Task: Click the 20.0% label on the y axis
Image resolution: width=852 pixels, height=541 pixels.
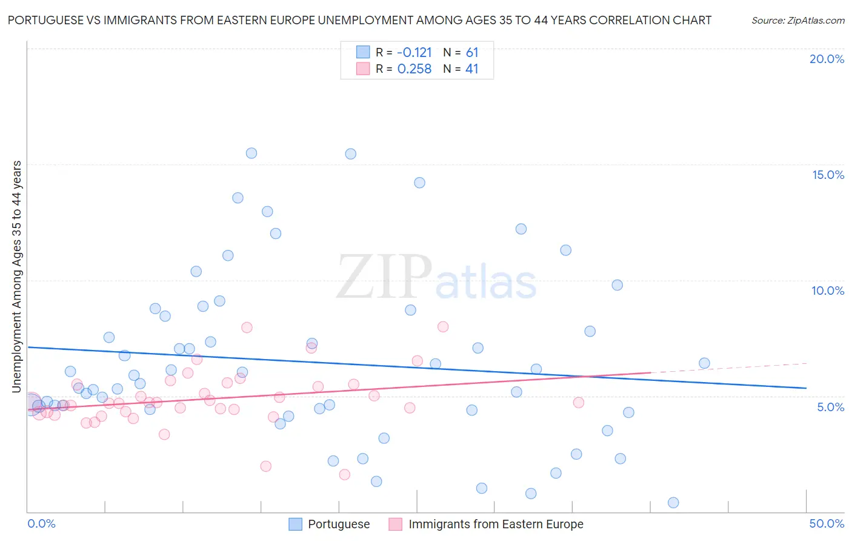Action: click(827, 59)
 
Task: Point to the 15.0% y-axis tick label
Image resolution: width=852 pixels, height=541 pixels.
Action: click(828, 175)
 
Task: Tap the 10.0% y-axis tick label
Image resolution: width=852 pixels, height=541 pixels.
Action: click(828, 291)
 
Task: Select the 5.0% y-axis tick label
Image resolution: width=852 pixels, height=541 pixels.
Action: click(830, 407)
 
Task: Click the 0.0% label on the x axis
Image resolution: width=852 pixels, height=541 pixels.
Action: click(41, 523)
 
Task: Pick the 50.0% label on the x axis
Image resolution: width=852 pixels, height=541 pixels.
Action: click(827, 523)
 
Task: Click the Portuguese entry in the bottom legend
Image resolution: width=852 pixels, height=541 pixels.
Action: click(338, 524)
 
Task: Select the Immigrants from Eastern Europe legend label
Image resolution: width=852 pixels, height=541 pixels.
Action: click(496, 524)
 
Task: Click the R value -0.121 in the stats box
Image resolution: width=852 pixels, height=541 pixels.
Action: click(414, 52)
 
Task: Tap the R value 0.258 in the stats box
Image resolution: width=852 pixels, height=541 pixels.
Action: click(414, 69)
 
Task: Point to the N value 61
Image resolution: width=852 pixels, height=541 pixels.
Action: click(472, 52)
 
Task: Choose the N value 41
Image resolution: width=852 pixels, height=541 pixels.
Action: click(472, 69)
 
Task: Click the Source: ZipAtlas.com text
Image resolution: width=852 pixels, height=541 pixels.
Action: click(797, 20)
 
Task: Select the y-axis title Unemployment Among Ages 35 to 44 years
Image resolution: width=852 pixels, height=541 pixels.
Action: click(17, 277)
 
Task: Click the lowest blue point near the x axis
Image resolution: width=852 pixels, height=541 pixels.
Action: click(673, 502)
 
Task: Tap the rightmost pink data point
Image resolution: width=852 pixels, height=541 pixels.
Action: click(578, 402)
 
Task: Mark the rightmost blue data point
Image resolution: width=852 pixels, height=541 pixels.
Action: click(704, 363)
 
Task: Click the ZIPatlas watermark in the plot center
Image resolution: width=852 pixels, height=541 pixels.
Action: click(436, 278)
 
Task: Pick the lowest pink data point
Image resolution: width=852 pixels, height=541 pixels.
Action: click(345, 474)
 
